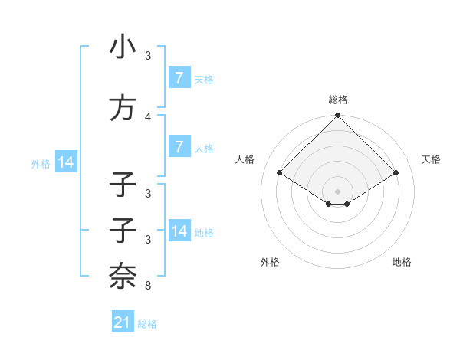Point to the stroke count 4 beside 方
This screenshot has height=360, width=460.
(148, 116)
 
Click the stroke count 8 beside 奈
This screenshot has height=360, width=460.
(148, 286)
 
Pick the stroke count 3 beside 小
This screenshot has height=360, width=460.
(148, 56)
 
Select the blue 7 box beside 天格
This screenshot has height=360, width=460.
(179, 78)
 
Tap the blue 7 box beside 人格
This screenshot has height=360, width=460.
(179, 147)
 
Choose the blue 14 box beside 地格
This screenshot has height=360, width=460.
(179, 231)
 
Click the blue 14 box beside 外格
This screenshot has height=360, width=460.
(65, 162)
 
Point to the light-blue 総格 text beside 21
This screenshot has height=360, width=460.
(147, 324)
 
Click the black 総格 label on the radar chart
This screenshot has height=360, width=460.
(337, 100)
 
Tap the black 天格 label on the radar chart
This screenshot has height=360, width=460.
(432, 159)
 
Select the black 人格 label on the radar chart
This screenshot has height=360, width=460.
(245, 159)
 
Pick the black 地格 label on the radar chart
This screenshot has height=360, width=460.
(402, 262)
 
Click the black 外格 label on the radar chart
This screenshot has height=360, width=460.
(270, 262)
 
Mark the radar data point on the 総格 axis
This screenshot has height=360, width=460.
(337, 116)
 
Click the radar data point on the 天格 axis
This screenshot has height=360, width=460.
(396, 173)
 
